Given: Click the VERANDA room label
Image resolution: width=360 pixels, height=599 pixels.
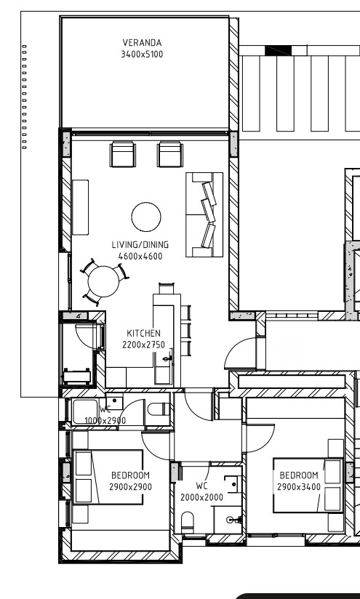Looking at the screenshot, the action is click(x=142, y=42).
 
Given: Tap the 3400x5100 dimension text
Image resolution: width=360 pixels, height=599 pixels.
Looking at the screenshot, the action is click(x=142, y=55).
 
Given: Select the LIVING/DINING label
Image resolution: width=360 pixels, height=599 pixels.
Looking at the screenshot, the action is click(x=140, y=244).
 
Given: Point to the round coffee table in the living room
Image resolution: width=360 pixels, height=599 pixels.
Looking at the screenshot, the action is click(x=146, y=217).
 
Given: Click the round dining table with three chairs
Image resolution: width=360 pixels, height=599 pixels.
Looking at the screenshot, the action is click(x=103, y=281).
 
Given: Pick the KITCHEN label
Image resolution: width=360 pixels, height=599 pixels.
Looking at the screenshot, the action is click(x=143, y=333).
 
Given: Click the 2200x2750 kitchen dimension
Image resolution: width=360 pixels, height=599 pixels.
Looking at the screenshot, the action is click(x=143, y=345).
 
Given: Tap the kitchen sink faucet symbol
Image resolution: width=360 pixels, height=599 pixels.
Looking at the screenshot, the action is click(x=167, y=358).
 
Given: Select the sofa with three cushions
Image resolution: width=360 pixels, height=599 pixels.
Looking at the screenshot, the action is click(x=204, y=214).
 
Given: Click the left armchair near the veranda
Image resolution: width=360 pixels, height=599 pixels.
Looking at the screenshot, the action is click(x=123, y=154).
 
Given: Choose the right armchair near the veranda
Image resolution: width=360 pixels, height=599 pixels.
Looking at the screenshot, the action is click(x=170, y=154).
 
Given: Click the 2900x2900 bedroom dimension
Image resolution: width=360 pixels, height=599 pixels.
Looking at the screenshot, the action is click(x=130, y=487).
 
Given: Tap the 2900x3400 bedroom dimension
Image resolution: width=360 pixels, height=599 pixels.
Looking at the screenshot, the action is click(x=299, y=487).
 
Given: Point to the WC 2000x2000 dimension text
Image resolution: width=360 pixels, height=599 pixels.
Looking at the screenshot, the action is click(x=201, y=497).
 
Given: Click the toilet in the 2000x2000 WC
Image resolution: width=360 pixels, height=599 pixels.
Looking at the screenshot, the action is click(x=187, y=522).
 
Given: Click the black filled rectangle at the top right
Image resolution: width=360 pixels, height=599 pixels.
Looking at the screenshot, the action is click(x=279, y=50).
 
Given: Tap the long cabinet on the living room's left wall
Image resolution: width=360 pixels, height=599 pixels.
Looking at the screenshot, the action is click(x=80, y=207).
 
